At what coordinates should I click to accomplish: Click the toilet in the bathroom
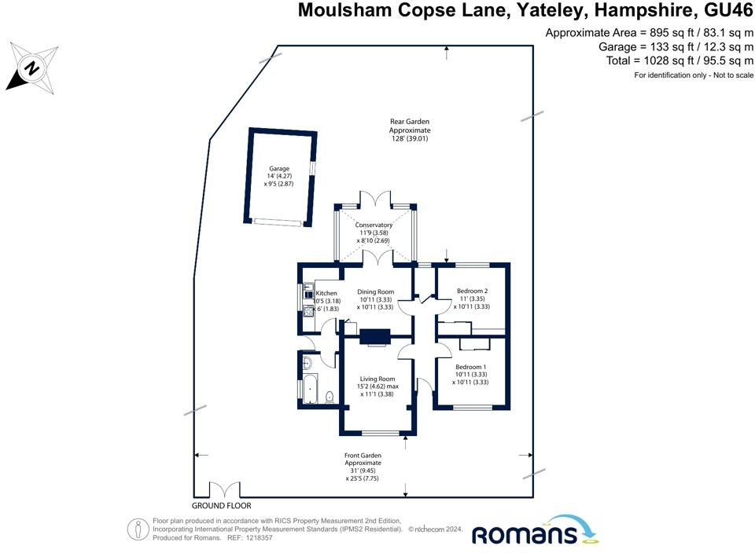coord(329,396)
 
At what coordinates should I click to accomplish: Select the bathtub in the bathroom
coord(308,390)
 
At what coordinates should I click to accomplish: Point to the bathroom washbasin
coord(307,363)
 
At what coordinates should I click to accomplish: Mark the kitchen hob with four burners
coord(307,309)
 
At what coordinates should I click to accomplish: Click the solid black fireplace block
coord(375,335)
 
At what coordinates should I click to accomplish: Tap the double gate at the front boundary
coord(223,490)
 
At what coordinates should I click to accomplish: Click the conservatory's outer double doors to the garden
coord(374,200)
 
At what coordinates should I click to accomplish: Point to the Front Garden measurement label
coord(363,467)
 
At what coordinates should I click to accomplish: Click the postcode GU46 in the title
coord(723,10)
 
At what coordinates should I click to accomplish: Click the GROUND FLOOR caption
coord(222,507)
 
